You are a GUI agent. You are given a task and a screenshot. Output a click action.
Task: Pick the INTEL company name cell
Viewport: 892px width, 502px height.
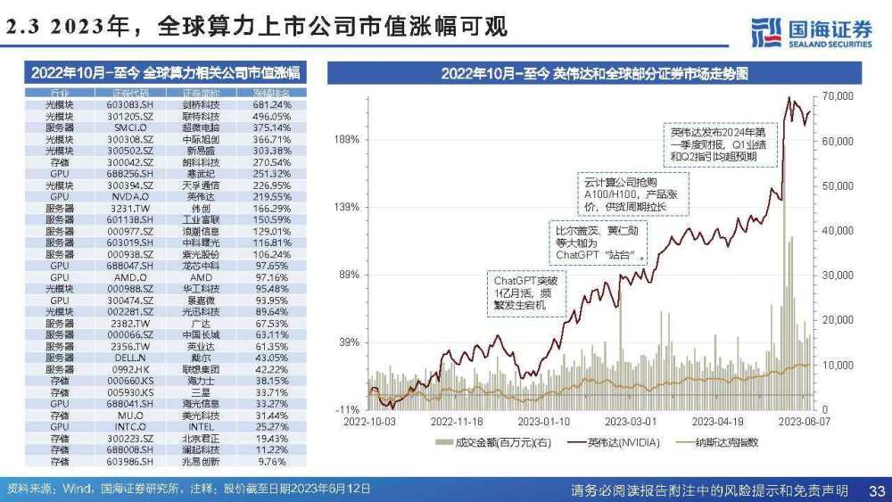click(x=201, y=426)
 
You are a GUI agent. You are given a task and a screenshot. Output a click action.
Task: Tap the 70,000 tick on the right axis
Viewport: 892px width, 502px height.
click(x=838, y=95)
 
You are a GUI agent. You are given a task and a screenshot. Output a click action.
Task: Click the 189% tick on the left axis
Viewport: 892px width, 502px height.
click(x=346, y=139)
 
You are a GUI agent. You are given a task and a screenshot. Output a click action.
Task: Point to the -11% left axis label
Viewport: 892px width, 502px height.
click(x=347, y=408)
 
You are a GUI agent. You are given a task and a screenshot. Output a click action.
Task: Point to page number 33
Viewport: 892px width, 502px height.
click(x=876, y=490)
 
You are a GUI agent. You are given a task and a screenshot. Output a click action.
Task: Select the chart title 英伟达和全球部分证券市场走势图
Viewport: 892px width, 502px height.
click(x=593, y=73)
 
